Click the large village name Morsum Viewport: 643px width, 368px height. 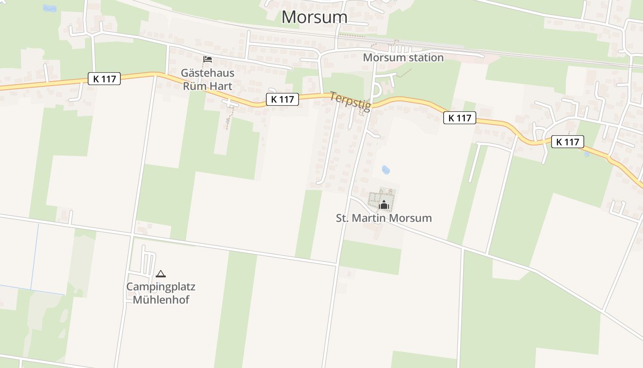(314, 17)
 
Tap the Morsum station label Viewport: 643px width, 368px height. (403, 57)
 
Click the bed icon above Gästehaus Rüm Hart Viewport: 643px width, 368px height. (208, 59)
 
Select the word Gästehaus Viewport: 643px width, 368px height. (208, 73)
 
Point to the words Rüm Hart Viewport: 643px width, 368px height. (208, 86)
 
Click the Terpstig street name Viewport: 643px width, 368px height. (350, 101)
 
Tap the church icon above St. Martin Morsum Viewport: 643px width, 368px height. (384, 205)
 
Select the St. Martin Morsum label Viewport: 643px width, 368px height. (384, 218)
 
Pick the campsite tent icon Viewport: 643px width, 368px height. (160, 274)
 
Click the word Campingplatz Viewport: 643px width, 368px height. (161, 287)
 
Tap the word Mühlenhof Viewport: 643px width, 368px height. (161, 300)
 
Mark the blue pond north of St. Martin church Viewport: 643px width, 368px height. (386, 170)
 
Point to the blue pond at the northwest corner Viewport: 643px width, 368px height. (49, 8)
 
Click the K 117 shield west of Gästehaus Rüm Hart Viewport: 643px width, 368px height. (104, 79)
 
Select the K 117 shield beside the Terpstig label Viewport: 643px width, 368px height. (282, 99)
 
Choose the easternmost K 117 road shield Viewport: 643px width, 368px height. (568, 142)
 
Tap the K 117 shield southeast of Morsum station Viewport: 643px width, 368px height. (460, 118)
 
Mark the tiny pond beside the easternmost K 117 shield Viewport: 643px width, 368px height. (587, 154)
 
